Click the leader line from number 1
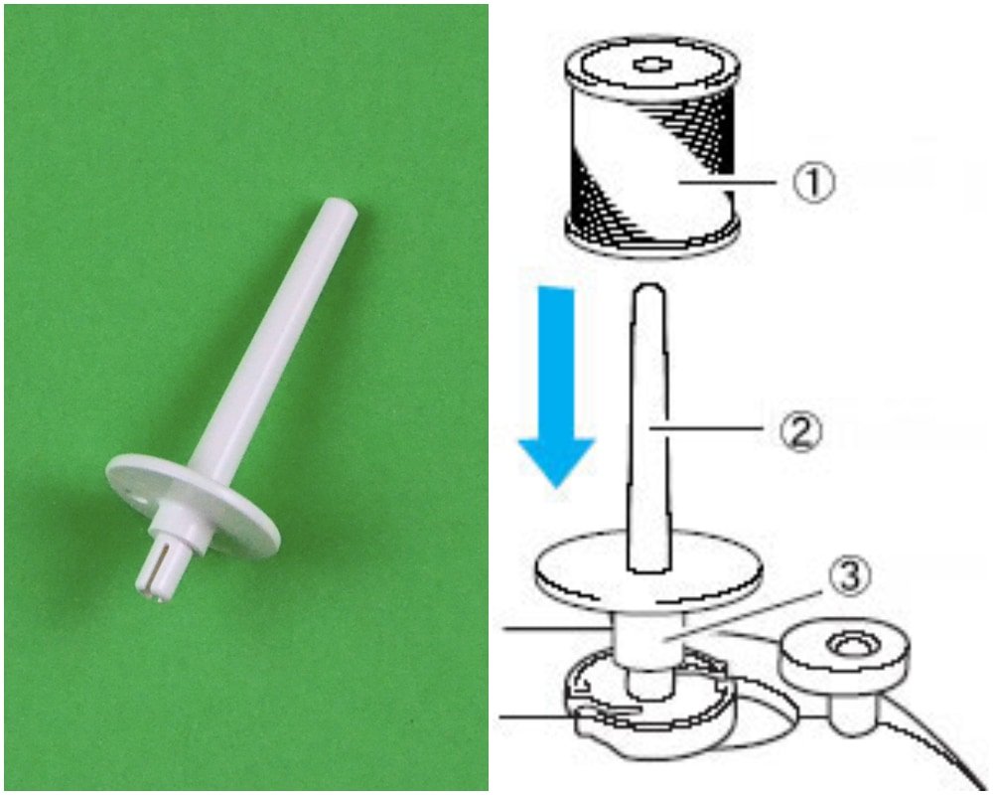(730, 184)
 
